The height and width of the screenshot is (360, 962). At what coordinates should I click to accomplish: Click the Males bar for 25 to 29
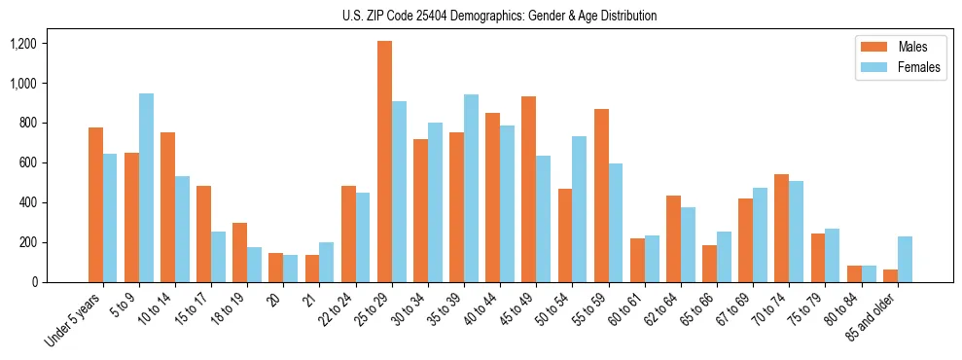pos(385,162)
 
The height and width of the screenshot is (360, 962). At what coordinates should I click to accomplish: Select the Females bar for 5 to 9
pos(146,188)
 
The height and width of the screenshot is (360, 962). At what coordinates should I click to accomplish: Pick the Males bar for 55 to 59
pos(602,196)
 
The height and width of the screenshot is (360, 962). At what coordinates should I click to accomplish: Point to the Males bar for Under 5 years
pos(95,204)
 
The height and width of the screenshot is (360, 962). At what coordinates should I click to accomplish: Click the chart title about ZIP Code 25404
pos(500,16)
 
